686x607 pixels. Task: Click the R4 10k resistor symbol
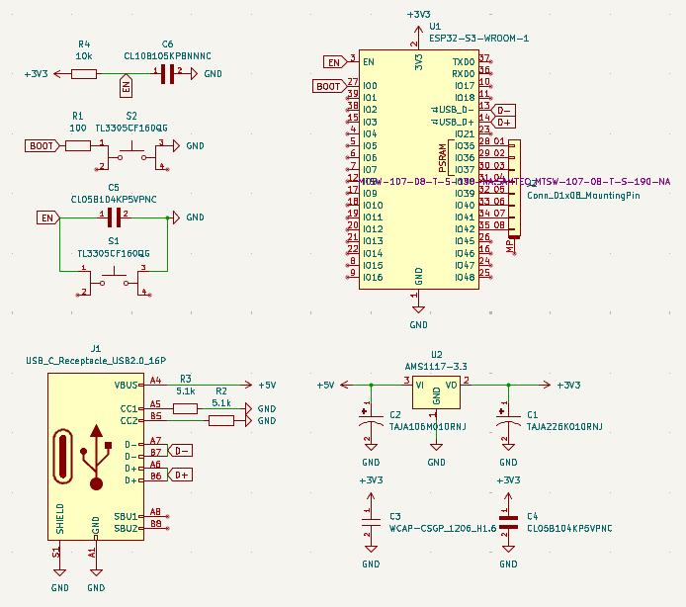click(x=84, y=73)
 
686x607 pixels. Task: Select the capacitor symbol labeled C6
click(x=167, y=73)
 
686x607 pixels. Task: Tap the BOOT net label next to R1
click(x=42, y=145)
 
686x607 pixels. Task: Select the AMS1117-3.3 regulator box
click(x=436, y=390)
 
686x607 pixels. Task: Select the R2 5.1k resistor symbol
click(x=221, y=420)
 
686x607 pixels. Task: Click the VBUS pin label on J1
click(x=127, y=385)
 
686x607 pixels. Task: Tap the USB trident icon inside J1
click(x=97, y=457)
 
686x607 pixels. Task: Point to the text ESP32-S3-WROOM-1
click(x=478, y=39)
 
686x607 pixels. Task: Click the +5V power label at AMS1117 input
click(x=326, y=385)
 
